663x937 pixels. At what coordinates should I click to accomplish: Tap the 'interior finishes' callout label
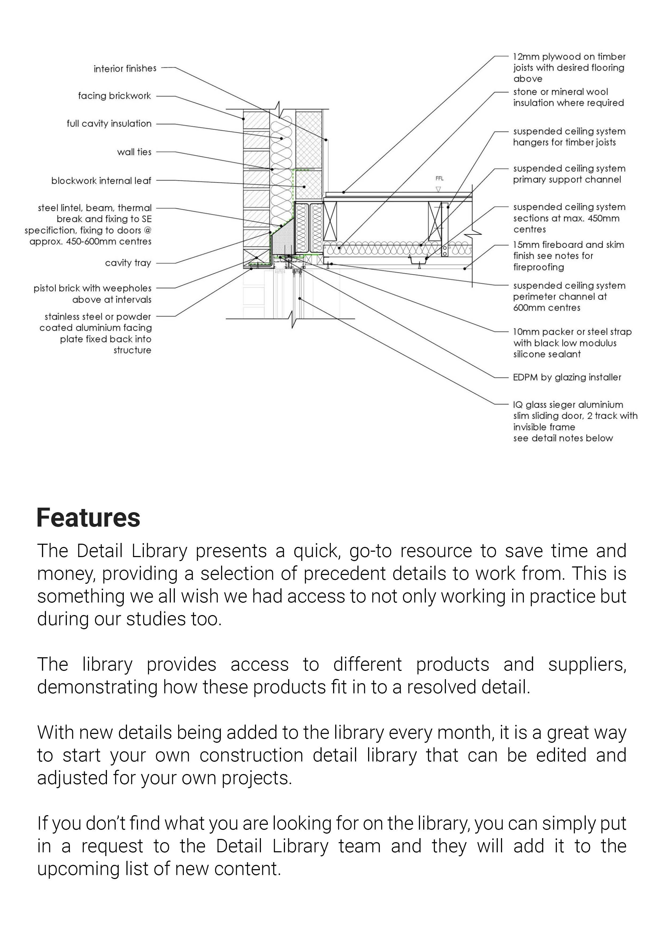(125, 69)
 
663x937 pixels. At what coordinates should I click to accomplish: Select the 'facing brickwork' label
(114, 96)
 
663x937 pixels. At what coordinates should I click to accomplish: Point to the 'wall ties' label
(134, 152)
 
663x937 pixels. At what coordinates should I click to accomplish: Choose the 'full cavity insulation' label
(109, 124)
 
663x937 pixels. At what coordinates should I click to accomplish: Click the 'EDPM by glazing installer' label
(567, 378)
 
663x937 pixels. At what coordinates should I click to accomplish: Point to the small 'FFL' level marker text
(439, 178)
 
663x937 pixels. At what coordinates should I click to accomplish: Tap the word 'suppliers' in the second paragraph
(586, 664)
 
